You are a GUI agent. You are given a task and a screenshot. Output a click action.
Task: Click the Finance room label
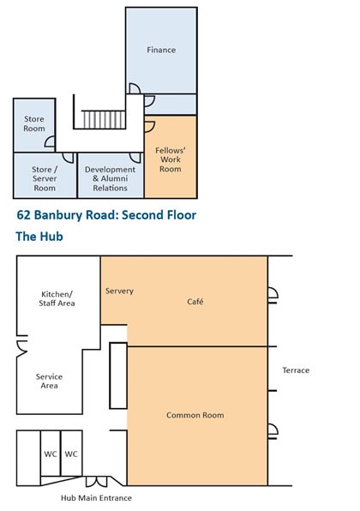point(161,50)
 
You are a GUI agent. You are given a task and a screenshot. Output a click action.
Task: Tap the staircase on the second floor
point(104,119)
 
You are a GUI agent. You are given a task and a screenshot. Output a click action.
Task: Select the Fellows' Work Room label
point(171,159)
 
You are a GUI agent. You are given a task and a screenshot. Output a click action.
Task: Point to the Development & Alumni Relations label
point(110,178)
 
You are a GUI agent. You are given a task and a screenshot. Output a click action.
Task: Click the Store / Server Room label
point(45,178)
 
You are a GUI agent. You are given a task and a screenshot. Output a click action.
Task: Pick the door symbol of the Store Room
point(50,141)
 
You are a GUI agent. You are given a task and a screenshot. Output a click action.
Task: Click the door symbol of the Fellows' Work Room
point(149,127)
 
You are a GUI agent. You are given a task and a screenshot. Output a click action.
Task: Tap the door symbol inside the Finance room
point(135,88)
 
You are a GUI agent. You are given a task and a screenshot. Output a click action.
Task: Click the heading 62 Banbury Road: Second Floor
point(106,215)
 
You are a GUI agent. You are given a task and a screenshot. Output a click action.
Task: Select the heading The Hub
point(39,237)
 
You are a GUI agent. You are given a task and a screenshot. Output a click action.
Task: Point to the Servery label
point(119,291)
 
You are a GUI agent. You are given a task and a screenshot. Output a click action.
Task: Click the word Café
point(195,302)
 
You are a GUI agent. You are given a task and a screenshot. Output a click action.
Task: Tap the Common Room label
point(195,415)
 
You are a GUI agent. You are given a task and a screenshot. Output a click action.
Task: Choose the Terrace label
point(296,370)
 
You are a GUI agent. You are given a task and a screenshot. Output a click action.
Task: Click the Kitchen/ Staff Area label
point(57,298)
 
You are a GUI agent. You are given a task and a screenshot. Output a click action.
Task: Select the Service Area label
point(49,381)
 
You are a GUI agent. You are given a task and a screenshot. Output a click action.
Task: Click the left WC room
point(51,454)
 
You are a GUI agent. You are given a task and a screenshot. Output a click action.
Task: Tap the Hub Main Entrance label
point(97,498)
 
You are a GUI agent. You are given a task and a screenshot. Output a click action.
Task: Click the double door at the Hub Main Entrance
point(96,481)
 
